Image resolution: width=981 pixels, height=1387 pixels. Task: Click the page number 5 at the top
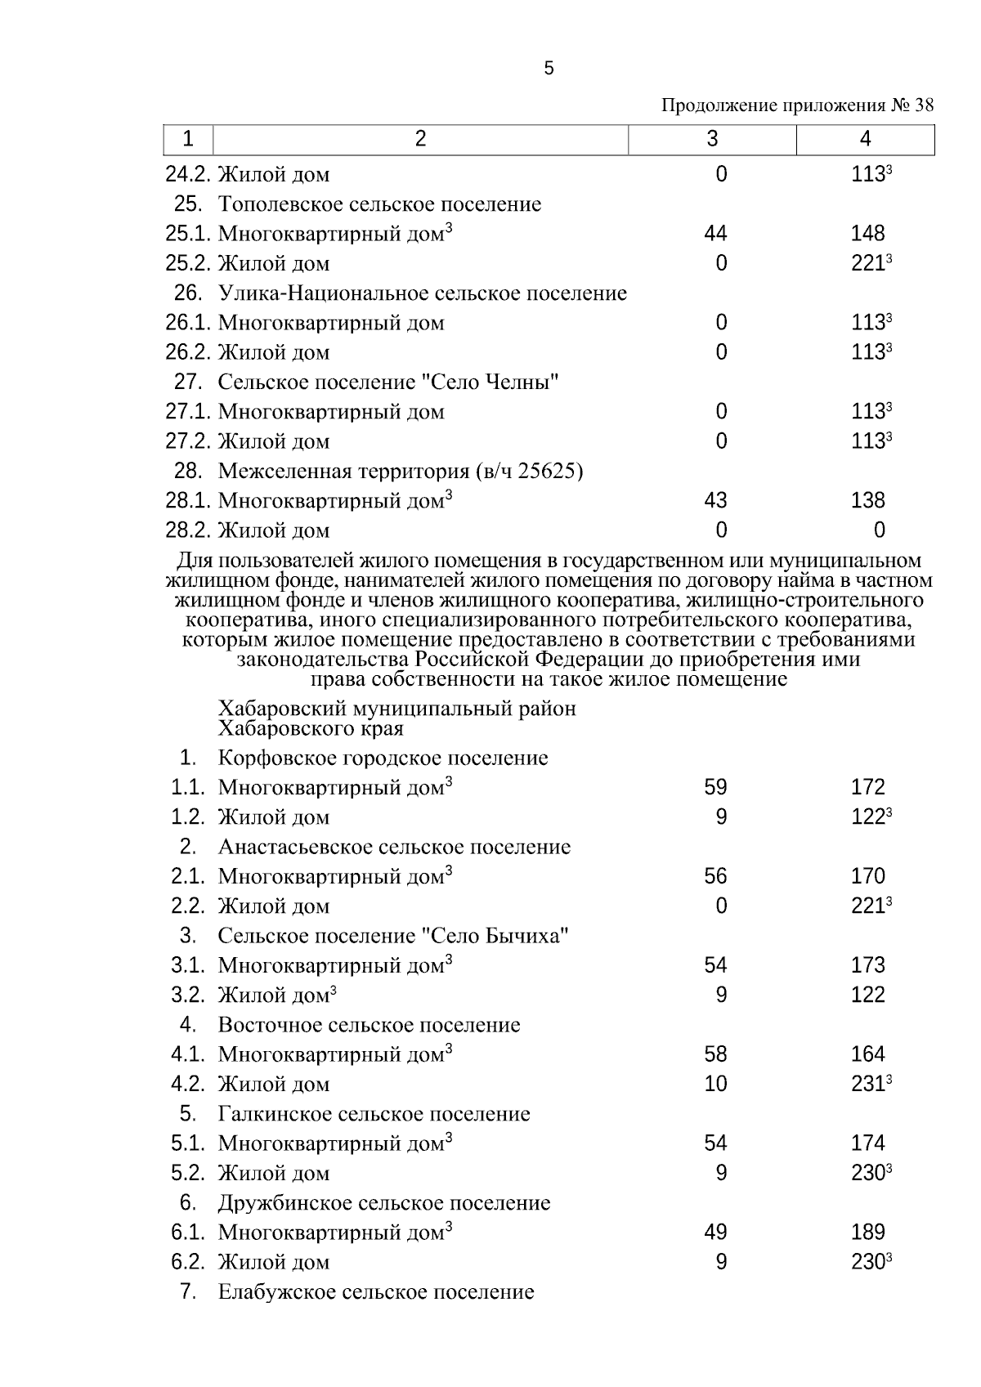click(549, 69)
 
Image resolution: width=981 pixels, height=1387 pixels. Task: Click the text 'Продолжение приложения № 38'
click(796, 106)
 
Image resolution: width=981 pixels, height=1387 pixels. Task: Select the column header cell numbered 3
click(712, 140)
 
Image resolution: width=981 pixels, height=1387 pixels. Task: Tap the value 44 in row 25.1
click(715, 234)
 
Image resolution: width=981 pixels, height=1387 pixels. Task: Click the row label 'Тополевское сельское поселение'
click(379, 204)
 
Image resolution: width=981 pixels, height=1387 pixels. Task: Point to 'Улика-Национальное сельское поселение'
click(422, 293)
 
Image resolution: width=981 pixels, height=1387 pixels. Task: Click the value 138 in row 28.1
click(867, 500)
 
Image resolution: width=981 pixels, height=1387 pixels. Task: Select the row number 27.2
click(189, 441)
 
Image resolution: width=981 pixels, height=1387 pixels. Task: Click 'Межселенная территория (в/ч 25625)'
click(401, 472)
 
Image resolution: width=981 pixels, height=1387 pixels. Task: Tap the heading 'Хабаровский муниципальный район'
click(396, 709)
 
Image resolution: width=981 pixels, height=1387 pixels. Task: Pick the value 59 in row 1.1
click(715, 787)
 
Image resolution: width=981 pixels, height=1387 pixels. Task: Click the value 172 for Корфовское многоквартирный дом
click(867, 787)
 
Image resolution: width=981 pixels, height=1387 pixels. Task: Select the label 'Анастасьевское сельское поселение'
click(394, 847)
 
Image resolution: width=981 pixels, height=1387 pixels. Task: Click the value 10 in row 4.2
click(715, 1084)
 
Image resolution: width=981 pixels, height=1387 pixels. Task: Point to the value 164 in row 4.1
click(867, 1054)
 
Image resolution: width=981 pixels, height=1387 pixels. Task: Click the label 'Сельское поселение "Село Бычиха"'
click(393, 936)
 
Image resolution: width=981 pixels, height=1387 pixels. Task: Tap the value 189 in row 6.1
click(867, 1233)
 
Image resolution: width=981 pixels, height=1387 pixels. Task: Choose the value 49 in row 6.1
click(715, 1233)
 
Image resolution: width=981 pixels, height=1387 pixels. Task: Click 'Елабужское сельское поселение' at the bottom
click(376, 1292)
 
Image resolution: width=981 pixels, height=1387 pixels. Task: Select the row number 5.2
click(187, 1174)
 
